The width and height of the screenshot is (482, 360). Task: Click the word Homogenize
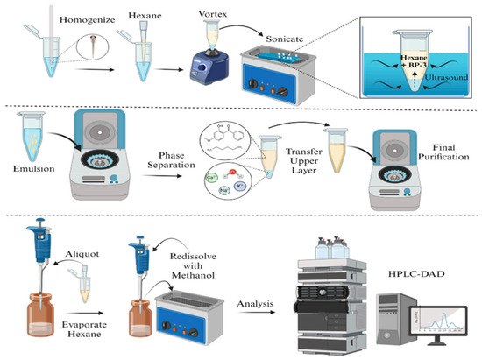(88, 20)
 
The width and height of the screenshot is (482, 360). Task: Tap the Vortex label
(212, 14)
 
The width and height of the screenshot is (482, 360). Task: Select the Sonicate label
(285, 39)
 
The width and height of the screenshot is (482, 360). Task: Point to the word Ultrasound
(447, 77)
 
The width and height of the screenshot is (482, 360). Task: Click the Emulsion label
(34, 169)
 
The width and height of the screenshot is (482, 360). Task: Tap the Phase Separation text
(171, 160)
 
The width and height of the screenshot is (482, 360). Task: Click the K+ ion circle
(240, 187)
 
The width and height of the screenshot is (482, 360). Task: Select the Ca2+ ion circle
(212, 178)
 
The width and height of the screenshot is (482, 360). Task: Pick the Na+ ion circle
(224, 190)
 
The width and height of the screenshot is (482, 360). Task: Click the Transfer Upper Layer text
(304, 160)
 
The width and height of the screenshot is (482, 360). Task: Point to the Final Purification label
(443, 152)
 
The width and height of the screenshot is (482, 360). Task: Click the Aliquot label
(82, 254)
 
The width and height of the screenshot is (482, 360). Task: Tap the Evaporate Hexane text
(84, 329)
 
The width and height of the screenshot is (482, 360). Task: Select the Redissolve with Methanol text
(193, 265)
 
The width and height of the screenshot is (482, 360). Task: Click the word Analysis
(255, 304)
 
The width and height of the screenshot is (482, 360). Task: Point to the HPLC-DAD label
(416, 273)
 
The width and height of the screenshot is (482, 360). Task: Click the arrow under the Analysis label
(257, 313)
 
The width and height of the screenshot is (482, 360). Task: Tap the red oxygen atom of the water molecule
(233, 172)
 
